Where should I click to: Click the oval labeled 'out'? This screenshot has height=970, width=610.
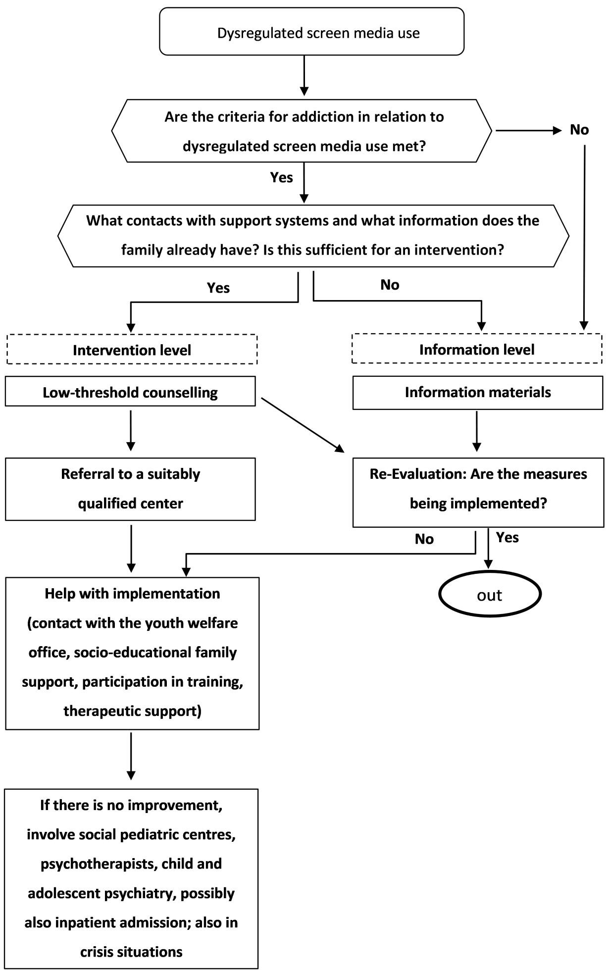click(489, 594)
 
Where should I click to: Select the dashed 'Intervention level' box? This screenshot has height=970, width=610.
click(132, 350)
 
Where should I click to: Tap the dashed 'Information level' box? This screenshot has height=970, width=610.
click(477, 350)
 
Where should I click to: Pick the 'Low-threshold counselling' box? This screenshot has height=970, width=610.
click(130, 392)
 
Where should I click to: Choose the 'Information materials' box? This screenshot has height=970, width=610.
click(478, 392)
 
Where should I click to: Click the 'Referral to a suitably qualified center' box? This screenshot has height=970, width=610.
click(130, 489)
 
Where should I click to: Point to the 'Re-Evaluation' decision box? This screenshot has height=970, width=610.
click(478, 489)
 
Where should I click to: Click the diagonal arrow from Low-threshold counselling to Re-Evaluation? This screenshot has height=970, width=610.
click(302, 425)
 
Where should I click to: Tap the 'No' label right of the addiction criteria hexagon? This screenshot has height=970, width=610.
click(579, 130)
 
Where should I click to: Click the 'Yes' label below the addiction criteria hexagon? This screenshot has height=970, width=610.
click(281, 177)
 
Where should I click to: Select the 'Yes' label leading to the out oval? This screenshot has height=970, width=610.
click(507, 538)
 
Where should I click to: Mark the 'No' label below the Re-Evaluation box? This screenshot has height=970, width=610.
click(424, 539)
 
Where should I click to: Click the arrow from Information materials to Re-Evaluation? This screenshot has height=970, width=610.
click(476, 431)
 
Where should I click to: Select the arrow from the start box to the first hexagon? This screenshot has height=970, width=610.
click(304, 75)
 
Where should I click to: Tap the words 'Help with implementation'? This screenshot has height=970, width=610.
click(132, 594)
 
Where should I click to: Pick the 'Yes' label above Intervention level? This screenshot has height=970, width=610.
click(218, 288)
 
